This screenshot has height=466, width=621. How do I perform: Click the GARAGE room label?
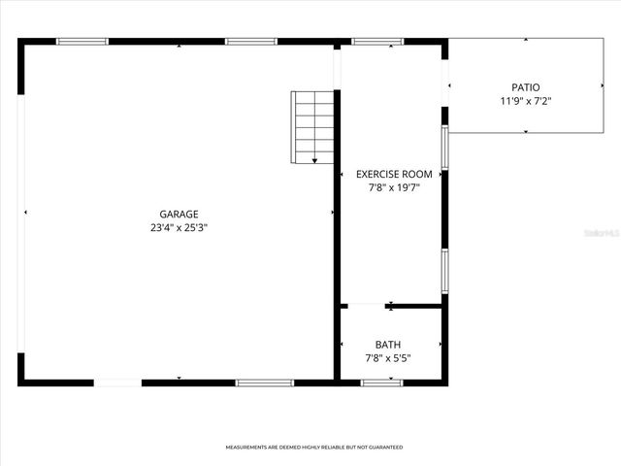180,214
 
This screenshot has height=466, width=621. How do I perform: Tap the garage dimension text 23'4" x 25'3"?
180,227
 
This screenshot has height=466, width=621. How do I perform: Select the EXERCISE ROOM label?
394,174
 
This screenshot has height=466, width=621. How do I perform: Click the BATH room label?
388,345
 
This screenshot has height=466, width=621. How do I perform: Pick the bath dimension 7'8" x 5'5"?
388,358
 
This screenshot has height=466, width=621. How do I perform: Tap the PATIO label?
526,87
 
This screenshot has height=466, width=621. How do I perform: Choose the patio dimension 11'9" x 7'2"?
526,101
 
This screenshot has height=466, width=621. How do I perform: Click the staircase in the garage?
312,126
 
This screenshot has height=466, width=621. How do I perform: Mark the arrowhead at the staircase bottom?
314,160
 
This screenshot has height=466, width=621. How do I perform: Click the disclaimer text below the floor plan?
314,448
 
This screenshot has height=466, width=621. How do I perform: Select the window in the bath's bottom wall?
381,383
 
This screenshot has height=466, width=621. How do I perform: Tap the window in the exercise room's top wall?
377,42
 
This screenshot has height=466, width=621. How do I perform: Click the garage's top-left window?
82,42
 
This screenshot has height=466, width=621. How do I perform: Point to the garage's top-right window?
251,42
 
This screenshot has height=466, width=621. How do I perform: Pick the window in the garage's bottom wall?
265,383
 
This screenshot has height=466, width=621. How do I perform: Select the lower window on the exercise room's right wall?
444,271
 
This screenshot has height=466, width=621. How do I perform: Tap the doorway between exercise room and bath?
365,306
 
